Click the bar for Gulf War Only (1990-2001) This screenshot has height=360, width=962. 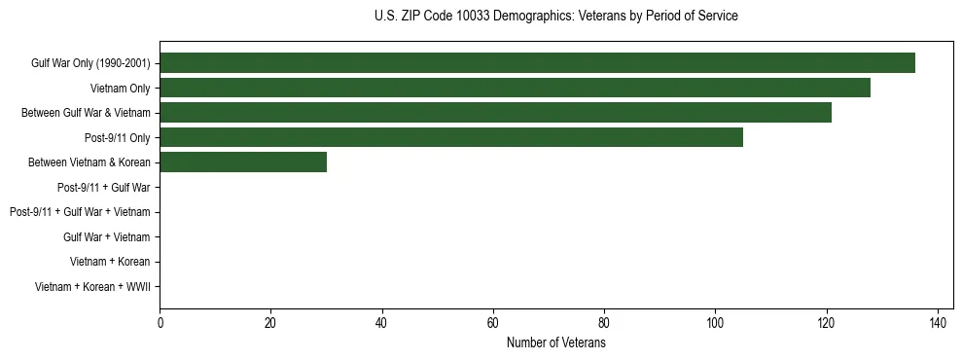point(537,63)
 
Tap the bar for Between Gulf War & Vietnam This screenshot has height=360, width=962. point(495,113)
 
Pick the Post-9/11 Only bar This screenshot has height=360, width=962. point(451,137)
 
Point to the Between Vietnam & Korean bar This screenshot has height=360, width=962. point(243,162)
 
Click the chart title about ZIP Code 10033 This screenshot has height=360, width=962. point(555,17)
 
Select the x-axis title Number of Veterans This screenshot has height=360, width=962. point(555,343)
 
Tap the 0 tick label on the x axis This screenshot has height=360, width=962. point(160,323)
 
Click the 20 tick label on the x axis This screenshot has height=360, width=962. point(270,323)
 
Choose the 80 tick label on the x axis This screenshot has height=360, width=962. point(604,323)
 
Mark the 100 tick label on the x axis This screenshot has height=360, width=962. point(715,323)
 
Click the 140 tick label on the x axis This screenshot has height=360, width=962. point(938,323)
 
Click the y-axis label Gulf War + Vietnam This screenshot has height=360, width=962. point(106,236)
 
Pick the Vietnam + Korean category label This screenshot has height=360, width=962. point(110,262)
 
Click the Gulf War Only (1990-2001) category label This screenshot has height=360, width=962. point(90,63)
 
